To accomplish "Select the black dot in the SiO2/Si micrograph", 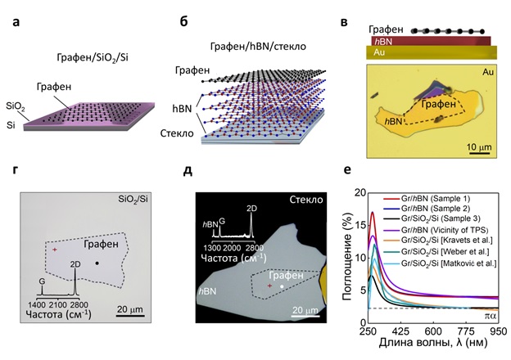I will (x=97, y=263).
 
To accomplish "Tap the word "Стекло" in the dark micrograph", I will (x=308, y=199).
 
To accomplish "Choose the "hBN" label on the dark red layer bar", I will (x=381, y=40).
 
